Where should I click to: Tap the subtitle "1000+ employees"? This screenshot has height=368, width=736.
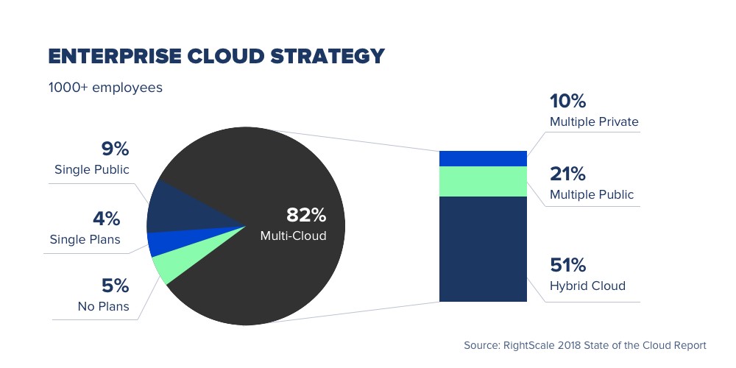pos(105,88)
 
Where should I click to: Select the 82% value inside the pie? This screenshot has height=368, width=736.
pos(305,215)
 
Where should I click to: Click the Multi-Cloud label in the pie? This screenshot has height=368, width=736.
pos(293,236)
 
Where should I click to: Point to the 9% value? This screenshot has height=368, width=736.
pos(115,149)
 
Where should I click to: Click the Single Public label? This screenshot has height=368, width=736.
pos(92,170)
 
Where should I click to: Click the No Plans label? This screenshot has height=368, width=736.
pos(103,305)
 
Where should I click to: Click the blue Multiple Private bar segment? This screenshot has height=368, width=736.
pos(483,158)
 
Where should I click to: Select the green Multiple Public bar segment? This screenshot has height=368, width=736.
pos(483,181)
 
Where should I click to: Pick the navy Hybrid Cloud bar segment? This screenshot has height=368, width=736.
pos(483,249)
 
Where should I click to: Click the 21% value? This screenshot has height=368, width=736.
pos(567,174)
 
